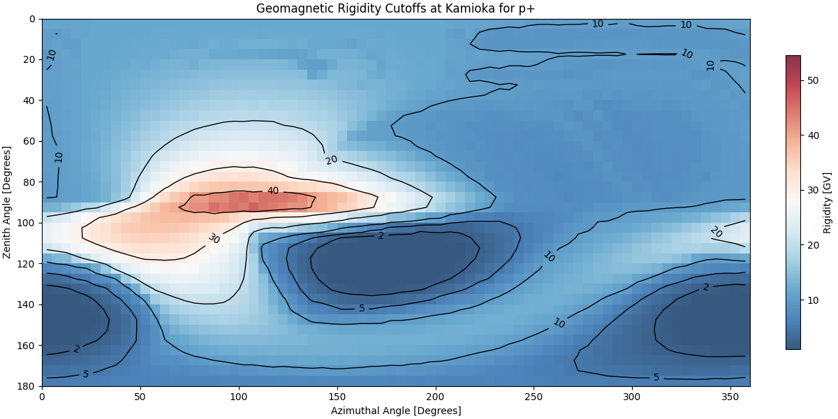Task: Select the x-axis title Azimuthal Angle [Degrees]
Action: pos(396,411)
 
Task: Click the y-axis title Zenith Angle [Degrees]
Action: pos(8,203)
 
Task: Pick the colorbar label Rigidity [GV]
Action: pos(828,203)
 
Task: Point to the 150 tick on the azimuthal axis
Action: pos(337,396)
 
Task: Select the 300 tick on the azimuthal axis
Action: pos(632,396)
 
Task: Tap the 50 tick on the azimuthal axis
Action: pos(140,396)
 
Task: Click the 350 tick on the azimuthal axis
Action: pos(730,396)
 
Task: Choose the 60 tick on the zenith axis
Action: pos(29,141)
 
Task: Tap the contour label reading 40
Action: pos(272,191)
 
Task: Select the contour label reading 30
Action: pos(214,238)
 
